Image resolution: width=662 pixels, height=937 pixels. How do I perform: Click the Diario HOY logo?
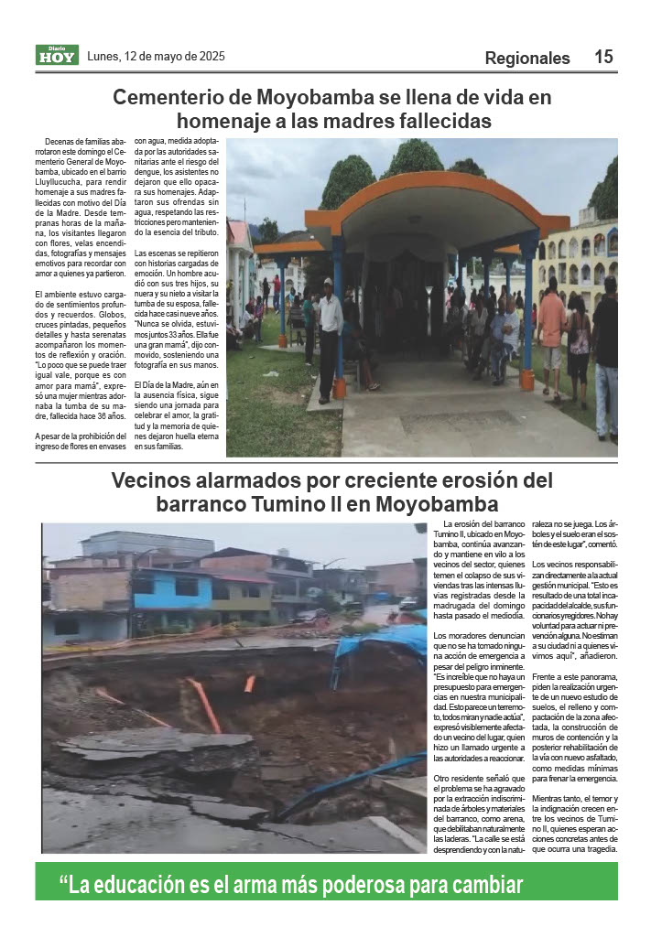[57, 55]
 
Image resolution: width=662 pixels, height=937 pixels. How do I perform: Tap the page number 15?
[603, 57]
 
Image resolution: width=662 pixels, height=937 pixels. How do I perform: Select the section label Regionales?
[527, 59]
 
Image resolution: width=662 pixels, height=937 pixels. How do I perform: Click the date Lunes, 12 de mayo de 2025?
[156, 56]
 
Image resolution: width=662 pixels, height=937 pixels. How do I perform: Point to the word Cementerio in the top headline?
[164, 97]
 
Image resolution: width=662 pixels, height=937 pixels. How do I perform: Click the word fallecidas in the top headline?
[434, 121]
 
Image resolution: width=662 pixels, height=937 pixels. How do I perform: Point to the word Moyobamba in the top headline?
[316, 97]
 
